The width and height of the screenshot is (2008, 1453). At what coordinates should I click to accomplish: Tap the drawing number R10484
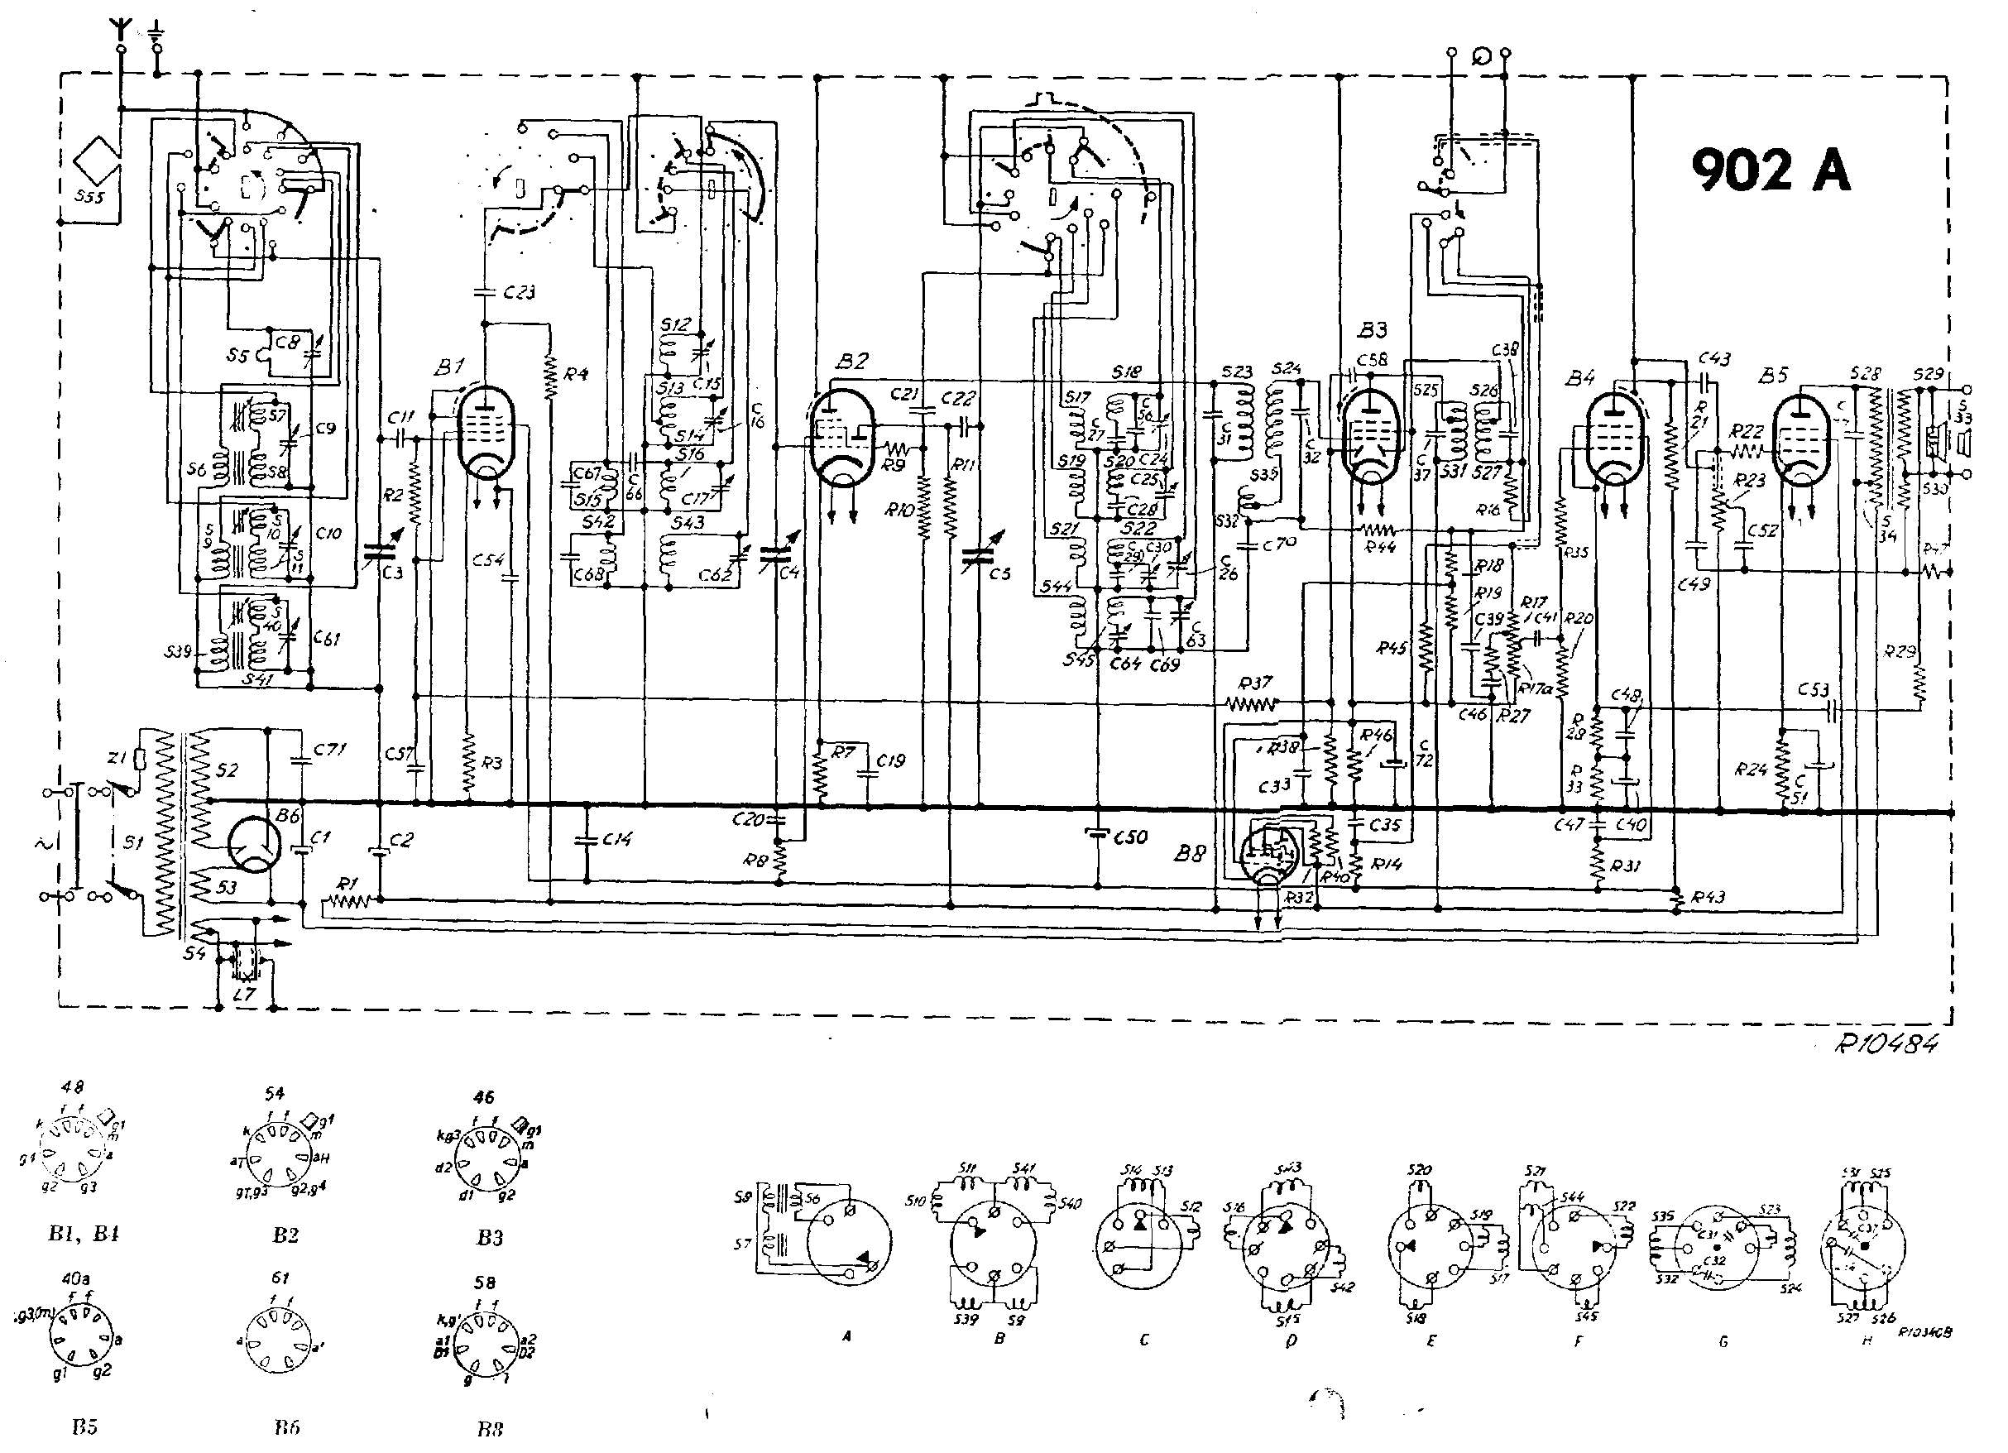click(1886, 1044)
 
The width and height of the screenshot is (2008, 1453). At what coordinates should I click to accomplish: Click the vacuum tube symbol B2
click(841, 439)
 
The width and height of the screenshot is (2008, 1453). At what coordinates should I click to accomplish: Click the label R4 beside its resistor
click(576, 374)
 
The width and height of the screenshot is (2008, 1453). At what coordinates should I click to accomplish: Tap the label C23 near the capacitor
click(519, 292)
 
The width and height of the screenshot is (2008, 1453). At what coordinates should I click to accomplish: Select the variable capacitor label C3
click(392, 573)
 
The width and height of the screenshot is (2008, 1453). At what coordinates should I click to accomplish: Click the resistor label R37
click(1254, 683)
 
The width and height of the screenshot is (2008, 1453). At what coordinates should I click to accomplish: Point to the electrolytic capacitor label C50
click(1129, 837)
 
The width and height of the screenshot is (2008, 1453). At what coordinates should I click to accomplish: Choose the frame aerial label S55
click(89, 197)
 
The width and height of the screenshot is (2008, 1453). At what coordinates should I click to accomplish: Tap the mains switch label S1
click(133, 843)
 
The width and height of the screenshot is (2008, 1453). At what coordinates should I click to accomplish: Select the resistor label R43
click(1708, 897)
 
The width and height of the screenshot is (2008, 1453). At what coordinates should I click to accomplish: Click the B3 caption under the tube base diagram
click(490, 1237)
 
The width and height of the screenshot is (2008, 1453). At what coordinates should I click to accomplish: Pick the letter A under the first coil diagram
click(847, 1337)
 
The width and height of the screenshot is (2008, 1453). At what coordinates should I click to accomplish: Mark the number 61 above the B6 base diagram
click(280, 1278)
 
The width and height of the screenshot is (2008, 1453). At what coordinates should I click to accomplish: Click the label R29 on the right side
click(1900, 652)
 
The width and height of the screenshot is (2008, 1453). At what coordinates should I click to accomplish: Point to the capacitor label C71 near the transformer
click(329, 750)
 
